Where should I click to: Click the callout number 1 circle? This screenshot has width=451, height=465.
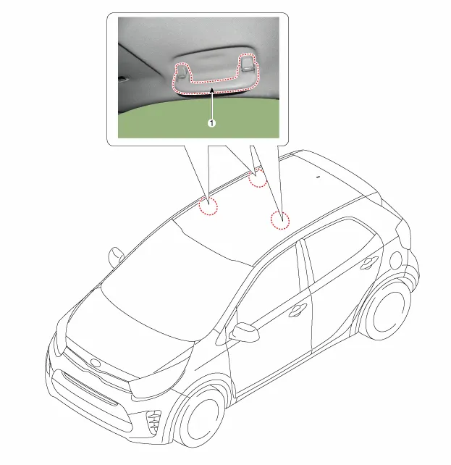coord(211,123)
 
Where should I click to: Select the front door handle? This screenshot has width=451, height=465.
coord(298,310)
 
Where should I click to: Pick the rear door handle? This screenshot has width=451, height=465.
coord(369,262)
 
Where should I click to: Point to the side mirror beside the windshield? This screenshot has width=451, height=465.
coord(116,256)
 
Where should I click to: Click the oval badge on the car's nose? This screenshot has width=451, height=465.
coord(96,363)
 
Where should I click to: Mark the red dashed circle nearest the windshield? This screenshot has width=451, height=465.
coord(208,206)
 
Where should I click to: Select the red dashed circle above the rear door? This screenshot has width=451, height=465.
coord(280,220)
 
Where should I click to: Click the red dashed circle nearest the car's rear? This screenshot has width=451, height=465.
coord(258,178)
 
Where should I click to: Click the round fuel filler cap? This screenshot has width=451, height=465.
coord(395,260)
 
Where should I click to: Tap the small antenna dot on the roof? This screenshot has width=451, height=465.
coord(319,177)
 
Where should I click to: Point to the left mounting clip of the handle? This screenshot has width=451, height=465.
coord(182,72)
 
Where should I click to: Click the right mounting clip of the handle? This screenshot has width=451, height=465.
coord(247,64)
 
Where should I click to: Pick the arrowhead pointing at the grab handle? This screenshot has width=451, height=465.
coord(211,90)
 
